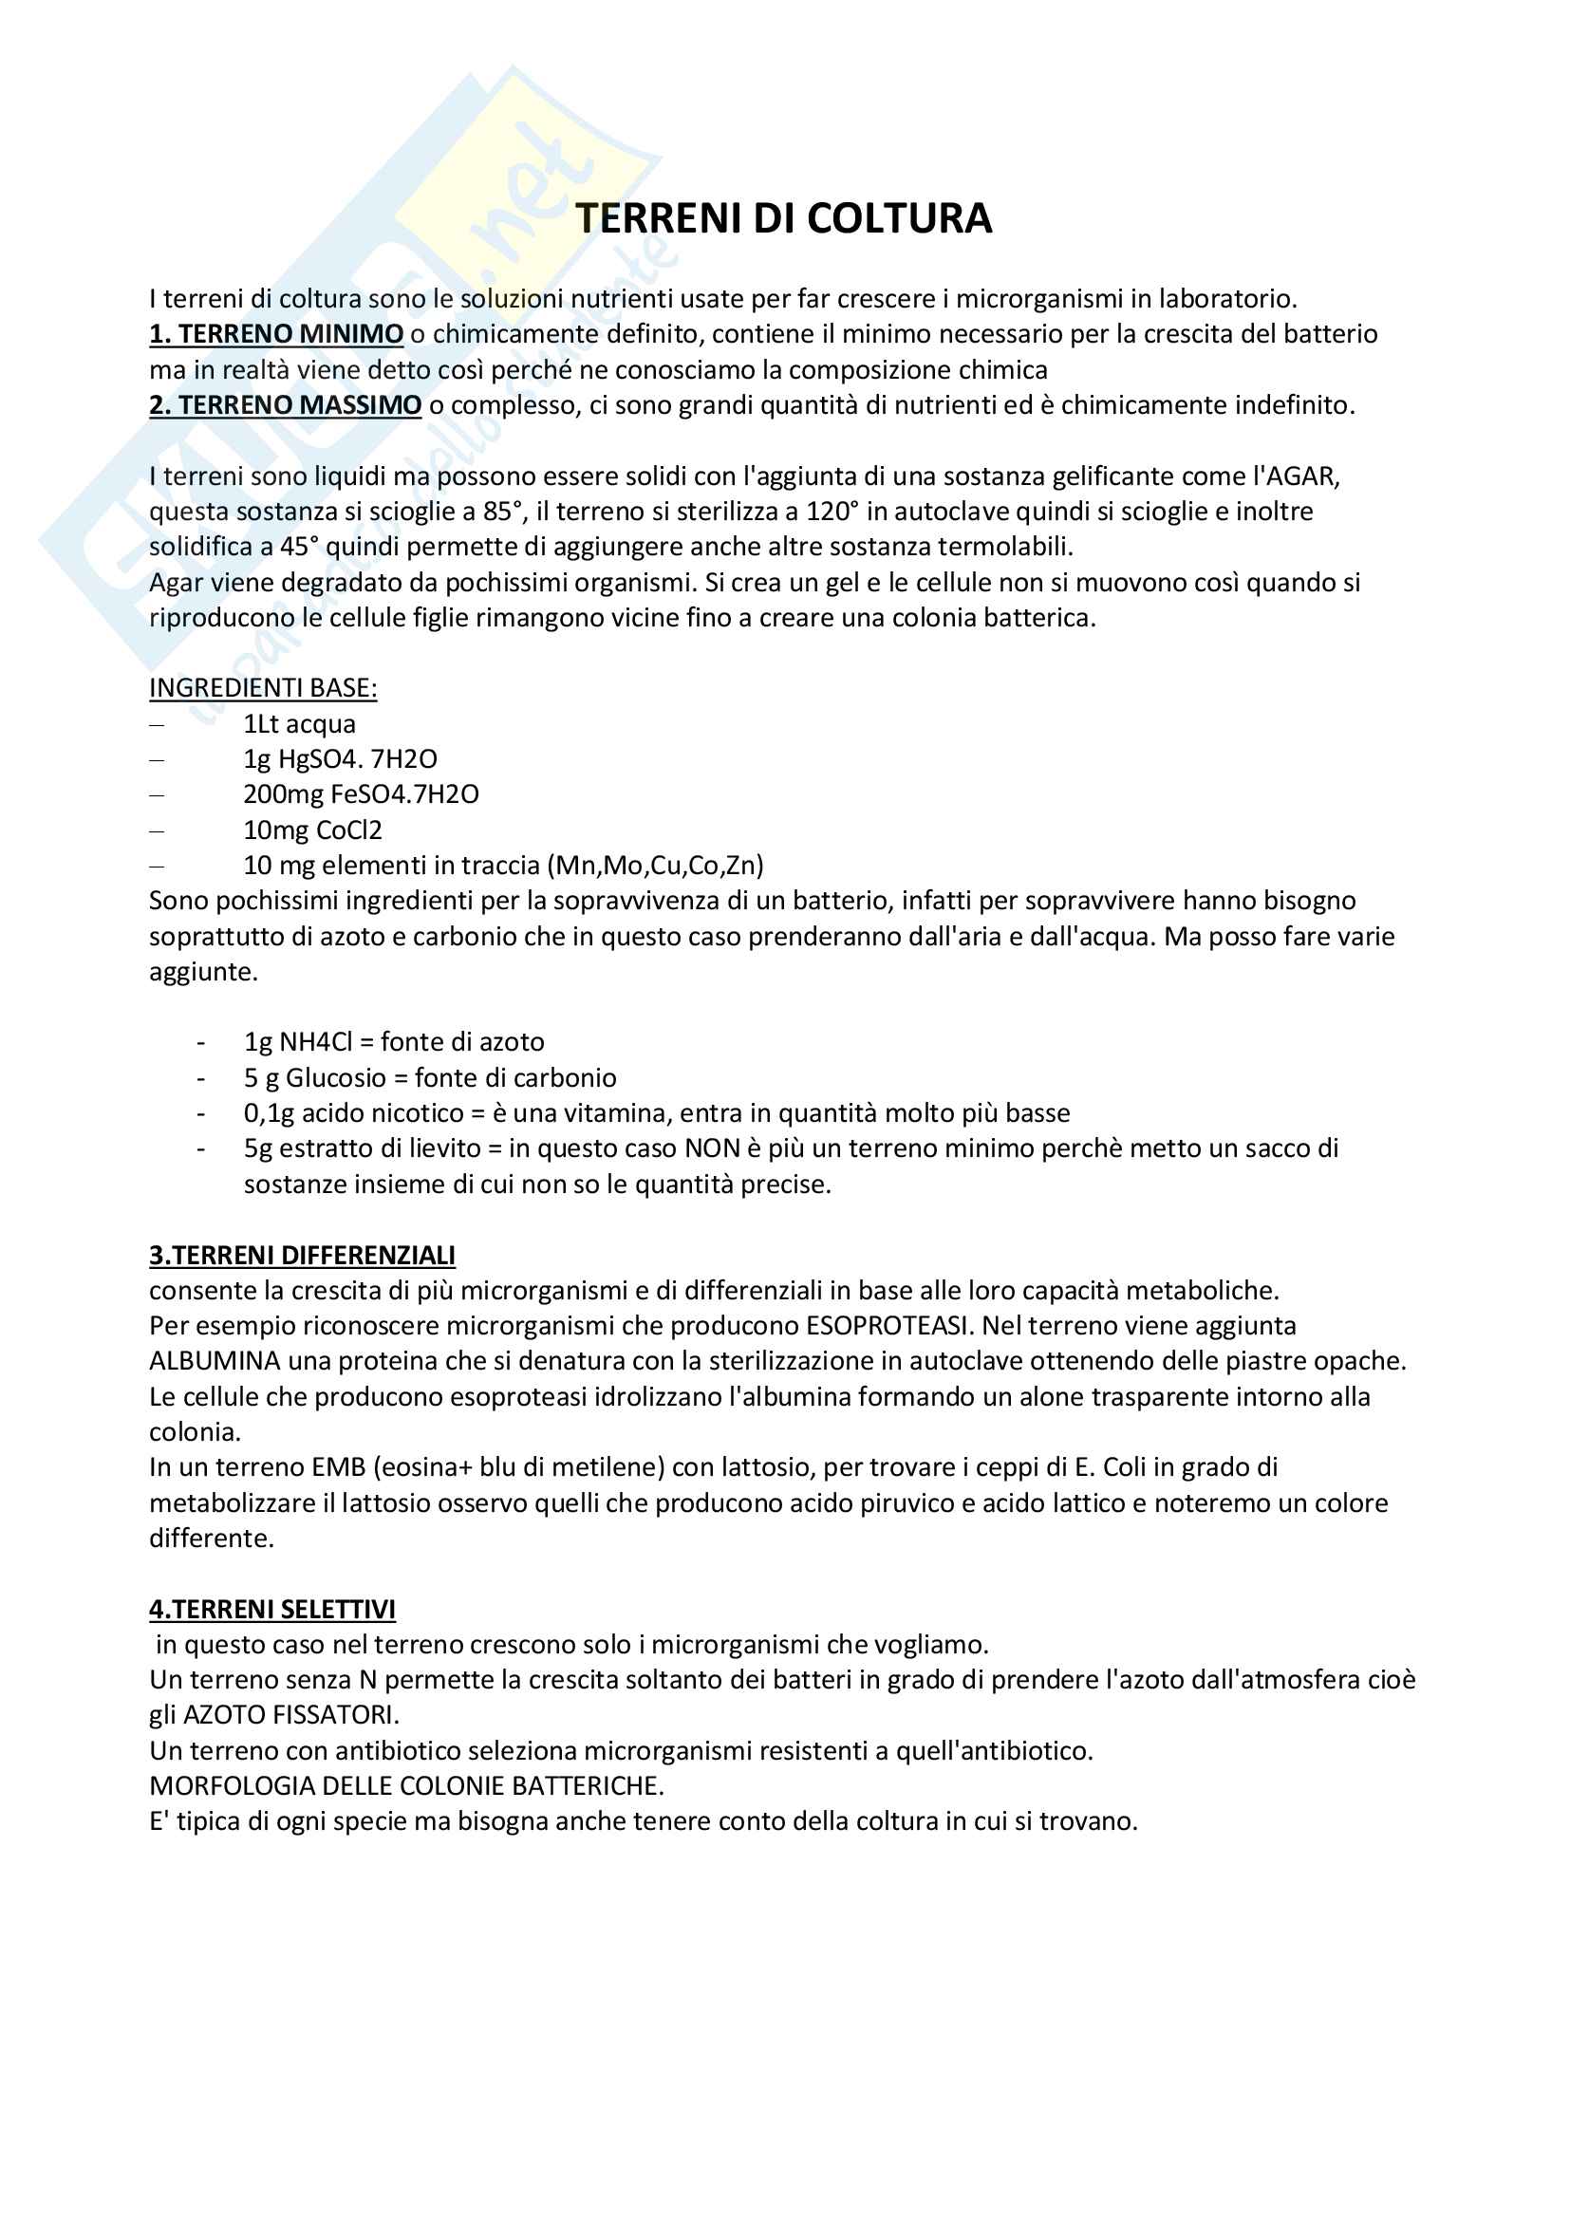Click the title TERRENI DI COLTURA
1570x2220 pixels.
click(x=783, y=218)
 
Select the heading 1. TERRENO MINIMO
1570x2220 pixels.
click(x=275, y=334)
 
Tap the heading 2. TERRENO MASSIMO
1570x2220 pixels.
click(x=285, y=405)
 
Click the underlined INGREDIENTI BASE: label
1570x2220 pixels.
click(x=263, y=688)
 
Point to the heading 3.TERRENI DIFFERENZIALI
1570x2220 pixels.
click(x=302, y=1255)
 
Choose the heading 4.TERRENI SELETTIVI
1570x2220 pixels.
click(x=271, y=1609)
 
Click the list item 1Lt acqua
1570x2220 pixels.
click(x=300, y=724)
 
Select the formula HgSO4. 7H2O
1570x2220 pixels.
click(x=358, y=759)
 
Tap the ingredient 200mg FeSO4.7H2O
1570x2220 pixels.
click(x=361, y=794)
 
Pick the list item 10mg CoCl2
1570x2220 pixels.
click(x=312, y=830)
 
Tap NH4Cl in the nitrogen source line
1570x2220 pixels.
click(x=315, y=1042)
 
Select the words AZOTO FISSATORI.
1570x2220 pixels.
click(x=290, y=1715)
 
